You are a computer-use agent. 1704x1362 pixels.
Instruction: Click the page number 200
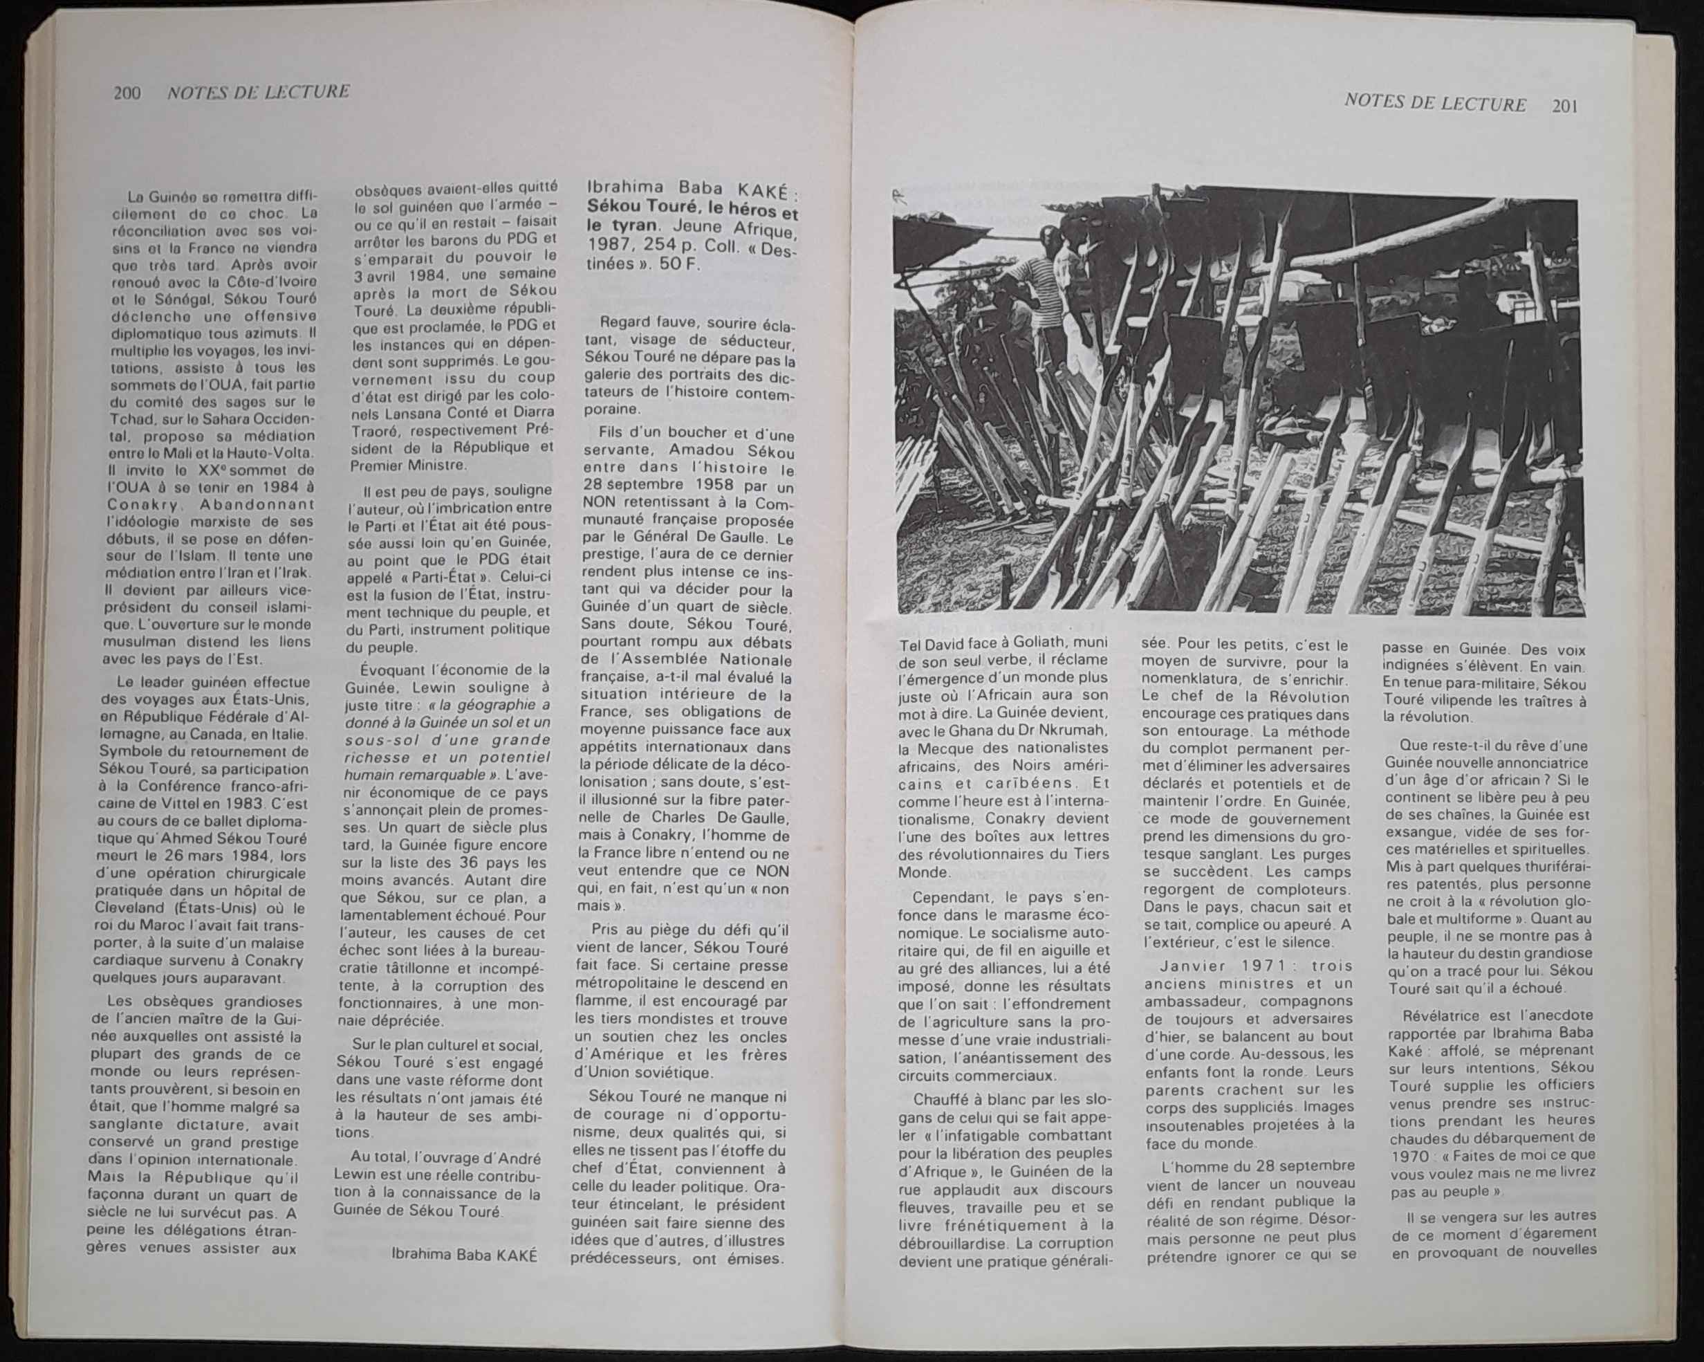coord(127,93)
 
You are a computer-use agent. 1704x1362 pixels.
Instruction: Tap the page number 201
coord(1565,105)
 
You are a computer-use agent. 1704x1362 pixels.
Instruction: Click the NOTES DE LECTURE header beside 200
coord(258,92)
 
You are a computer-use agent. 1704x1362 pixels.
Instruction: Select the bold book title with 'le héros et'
coord(692,214)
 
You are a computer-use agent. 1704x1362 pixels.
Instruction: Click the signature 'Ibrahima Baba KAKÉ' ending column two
coord(464,1255)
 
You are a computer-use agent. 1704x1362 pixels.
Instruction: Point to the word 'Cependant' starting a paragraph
coord(950,898)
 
